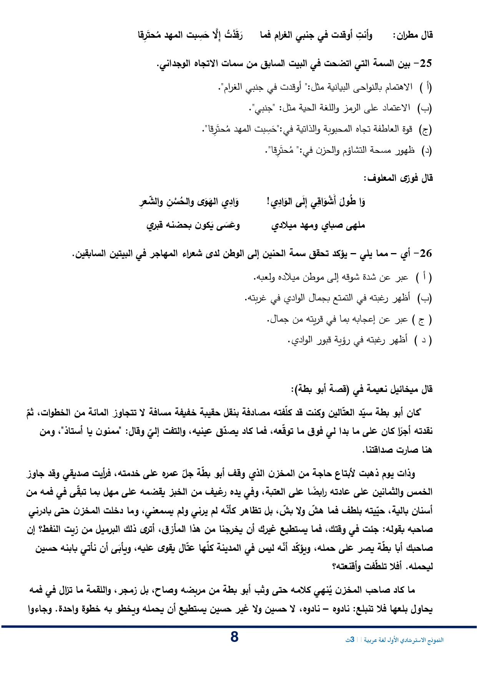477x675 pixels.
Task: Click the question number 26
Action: click(x=426, y=253)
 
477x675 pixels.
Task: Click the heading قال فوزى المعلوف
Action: click(x=398, y=178)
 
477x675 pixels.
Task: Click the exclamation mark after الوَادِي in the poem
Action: click(x=269, y=202)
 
